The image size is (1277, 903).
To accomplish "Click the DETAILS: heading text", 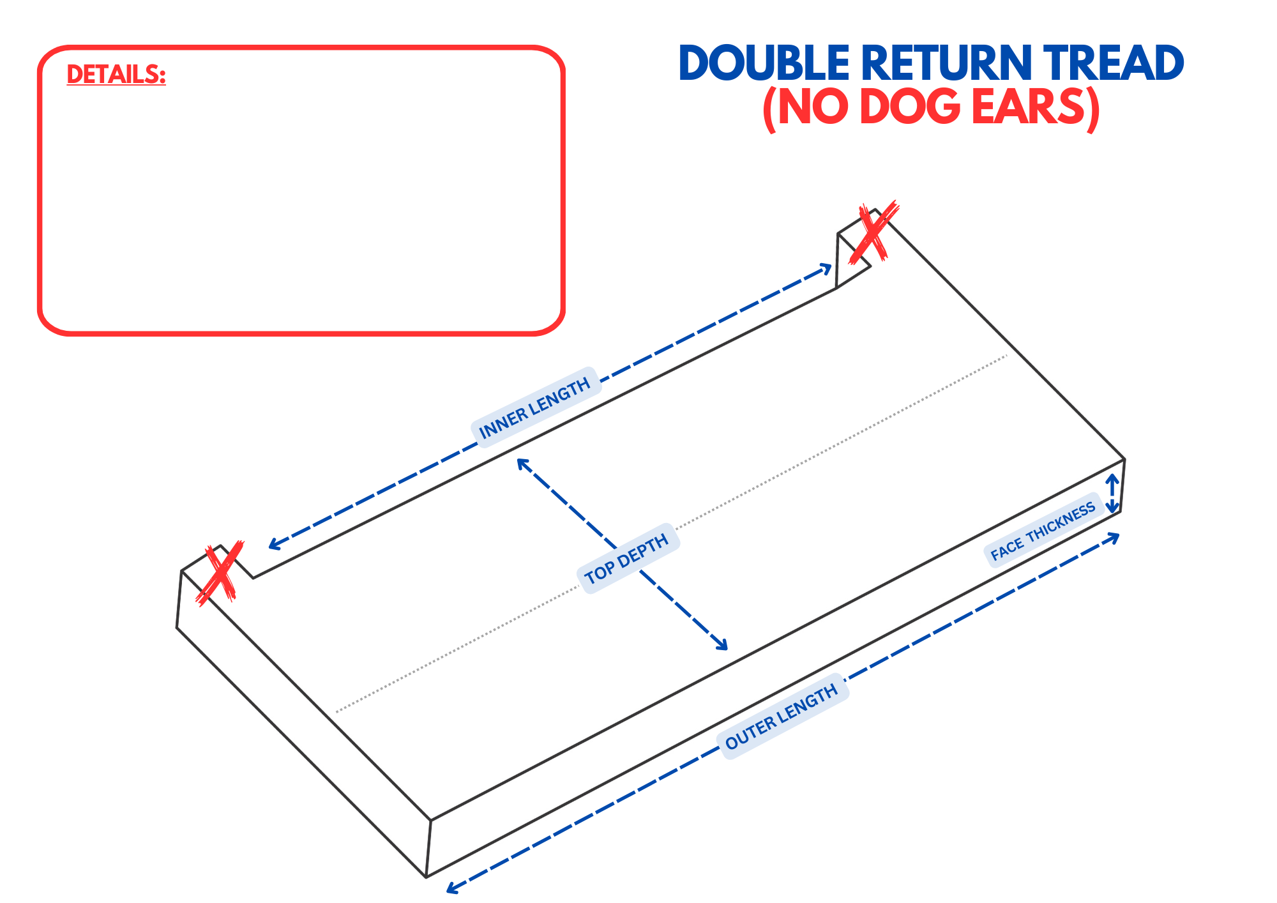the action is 116,75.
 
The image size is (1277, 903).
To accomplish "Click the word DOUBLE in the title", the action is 764,63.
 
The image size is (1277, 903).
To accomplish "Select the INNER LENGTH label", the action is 535,408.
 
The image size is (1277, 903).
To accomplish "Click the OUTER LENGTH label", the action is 782,717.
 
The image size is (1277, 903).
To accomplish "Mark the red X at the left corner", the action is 220,573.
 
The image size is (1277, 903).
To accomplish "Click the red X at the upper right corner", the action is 873,232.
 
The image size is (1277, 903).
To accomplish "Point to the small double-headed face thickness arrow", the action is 1112,493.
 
